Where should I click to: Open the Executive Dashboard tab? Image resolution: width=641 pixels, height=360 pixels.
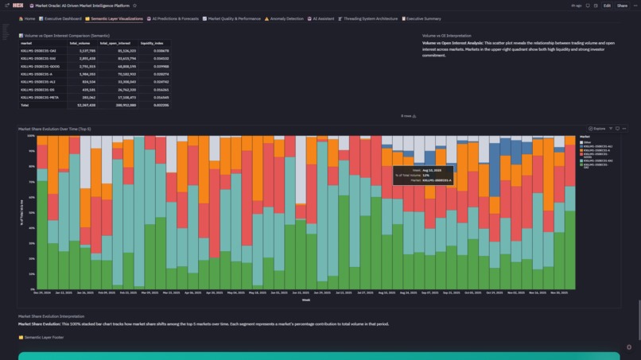point(63,18)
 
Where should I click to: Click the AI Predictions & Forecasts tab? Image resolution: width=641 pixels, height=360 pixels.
point(173,18)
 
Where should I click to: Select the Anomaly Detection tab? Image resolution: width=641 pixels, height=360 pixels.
point(285,18)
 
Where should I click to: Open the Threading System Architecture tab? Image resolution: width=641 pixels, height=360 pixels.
point(368,18)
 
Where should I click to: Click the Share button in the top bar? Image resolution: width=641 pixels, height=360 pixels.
point(622,6)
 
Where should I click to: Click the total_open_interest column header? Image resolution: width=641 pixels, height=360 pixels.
point(115,43)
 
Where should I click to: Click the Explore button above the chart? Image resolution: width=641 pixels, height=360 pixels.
point(597,128)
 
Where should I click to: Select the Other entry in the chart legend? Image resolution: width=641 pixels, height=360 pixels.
point(586,142)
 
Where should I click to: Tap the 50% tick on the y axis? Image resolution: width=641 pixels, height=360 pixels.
point(33,212)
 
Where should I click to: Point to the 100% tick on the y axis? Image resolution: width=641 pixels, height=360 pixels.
point(32,136)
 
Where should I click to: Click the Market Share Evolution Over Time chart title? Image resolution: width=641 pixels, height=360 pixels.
point(56,128)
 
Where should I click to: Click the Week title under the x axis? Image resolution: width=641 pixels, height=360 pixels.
point(305,300)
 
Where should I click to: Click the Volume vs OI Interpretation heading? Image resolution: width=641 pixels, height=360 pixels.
point(446,35)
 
